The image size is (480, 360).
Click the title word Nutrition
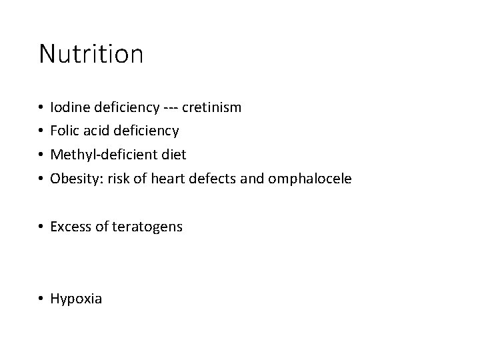[x=91, y=54]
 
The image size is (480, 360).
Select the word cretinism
[x=211, y=107]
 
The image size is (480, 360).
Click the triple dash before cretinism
[x=169, y=107]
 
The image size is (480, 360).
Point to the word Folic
[x=65, y=131]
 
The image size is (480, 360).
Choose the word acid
[x=96, y=131]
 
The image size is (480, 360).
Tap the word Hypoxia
[x=76, y=299]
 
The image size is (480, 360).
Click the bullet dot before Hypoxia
[x=42, y=299]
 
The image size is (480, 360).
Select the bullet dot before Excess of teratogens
[x=42, y=227]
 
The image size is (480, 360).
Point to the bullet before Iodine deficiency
[x=42, y=107]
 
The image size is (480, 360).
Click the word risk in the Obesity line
[x=115, y=179]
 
